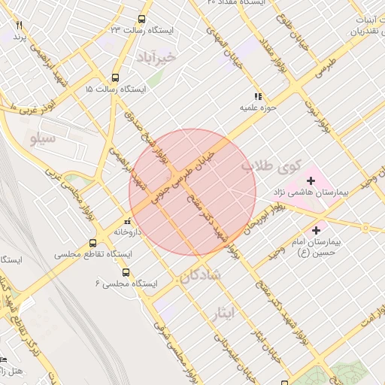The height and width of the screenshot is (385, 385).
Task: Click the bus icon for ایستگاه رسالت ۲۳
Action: (x=141, y=20)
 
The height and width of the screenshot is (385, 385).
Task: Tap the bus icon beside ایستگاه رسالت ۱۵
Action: (x=115, y=77)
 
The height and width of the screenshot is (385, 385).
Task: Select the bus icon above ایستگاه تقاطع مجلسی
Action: (x=92, y=243)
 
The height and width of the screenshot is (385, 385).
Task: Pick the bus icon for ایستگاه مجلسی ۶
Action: (x=126, y=272)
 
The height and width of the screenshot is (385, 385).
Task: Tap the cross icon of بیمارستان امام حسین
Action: (x=316, y=230)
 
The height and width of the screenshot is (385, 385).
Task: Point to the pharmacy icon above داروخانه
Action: (x=126, y=222)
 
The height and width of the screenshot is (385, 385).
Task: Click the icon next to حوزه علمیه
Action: (x=257, y=96)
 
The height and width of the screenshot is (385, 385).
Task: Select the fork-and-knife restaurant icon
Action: (x=19, y=25)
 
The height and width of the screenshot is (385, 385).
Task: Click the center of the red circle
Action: (x=192, y=192)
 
